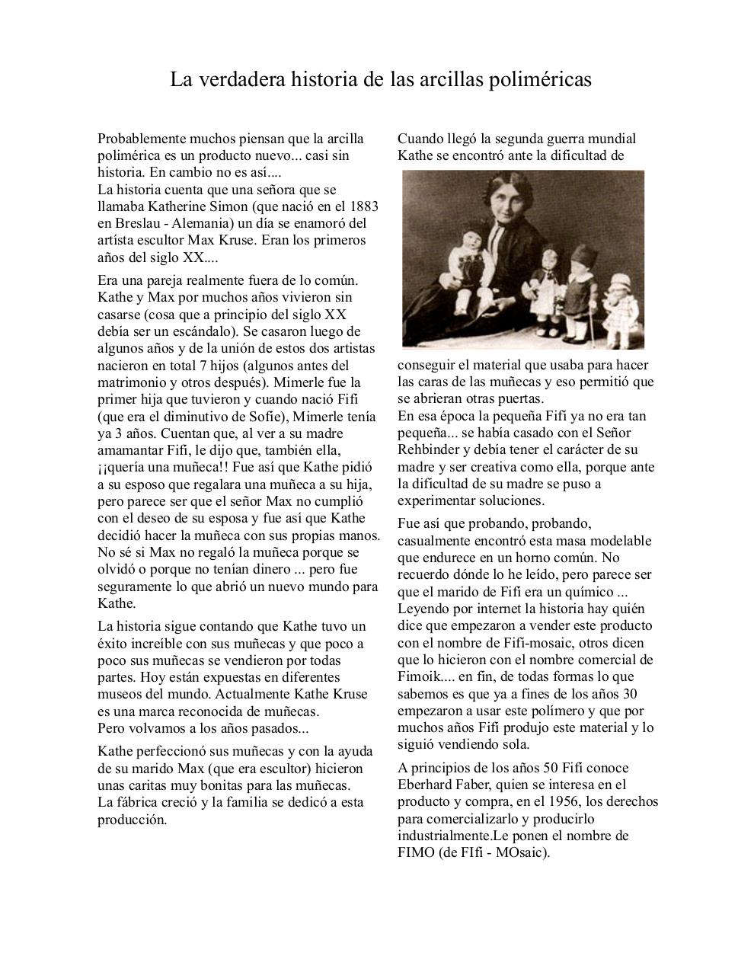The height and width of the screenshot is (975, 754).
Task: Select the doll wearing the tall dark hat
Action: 578,286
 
